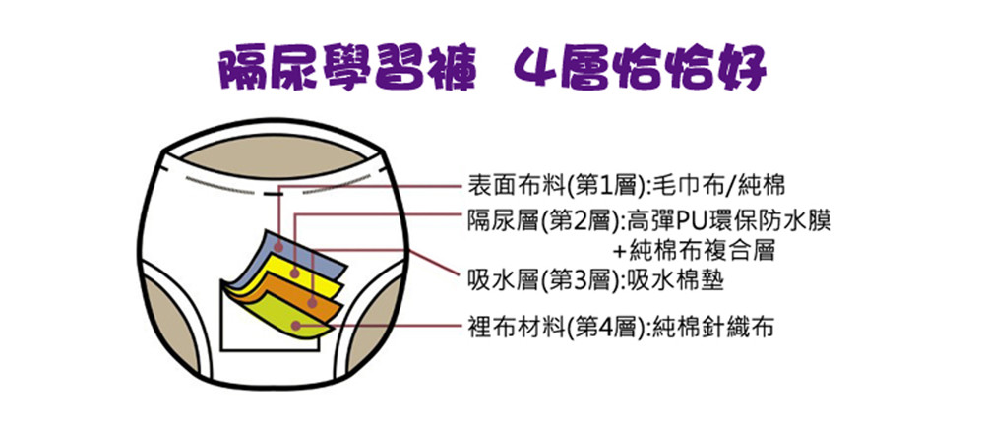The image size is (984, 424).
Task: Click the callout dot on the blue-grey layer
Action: pyautogui.click(x=278, y=249)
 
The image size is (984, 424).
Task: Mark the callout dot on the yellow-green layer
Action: pyautogui.click(x=295, y=327)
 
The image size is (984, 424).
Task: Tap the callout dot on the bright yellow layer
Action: pyautogui.click(x=295, y=274)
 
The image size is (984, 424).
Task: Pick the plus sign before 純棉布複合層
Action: pyautogui.click(x=619, y=252)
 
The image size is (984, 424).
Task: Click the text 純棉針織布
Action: pyautogui.click(x=712, y=327)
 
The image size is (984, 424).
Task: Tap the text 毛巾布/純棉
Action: pyautogui.click(x=719, y=186)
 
